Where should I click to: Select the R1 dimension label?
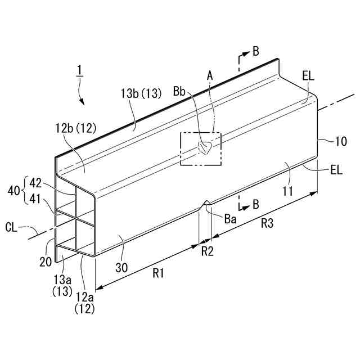click(158, 273)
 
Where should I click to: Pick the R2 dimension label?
click(208, 251)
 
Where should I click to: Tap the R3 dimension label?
click(267, 223)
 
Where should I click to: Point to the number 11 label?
click(287, 192)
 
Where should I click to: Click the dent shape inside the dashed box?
click(204, 148)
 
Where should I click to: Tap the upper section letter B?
click(255, 51)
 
